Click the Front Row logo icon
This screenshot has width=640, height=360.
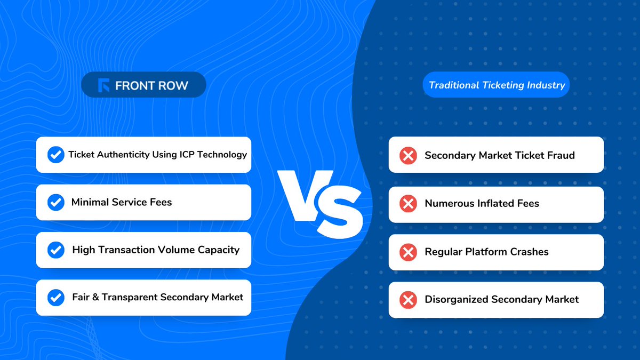tap(104, 85)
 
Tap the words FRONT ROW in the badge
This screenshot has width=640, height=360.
tap(151, 85)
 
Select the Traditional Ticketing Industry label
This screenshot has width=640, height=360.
tap(497, 85)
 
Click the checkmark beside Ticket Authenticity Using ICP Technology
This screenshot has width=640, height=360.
tap(55, 155)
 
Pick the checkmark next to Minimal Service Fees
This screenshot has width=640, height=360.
tap(55, 202)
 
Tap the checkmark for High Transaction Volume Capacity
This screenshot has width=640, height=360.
tap(55, 250)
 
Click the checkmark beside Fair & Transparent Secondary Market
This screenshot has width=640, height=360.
tap(55, 297)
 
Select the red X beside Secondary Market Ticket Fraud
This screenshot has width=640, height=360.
tap(408, 156)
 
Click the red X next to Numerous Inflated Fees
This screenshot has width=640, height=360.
tap(408, 204)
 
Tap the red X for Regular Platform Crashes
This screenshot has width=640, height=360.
tap(408, 252)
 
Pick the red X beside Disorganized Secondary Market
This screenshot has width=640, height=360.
tap(408, 300)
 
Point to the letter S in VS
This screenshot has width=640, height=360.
tap(339, 211)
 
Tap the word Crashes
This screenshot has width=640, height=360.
tap(529, 252)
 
